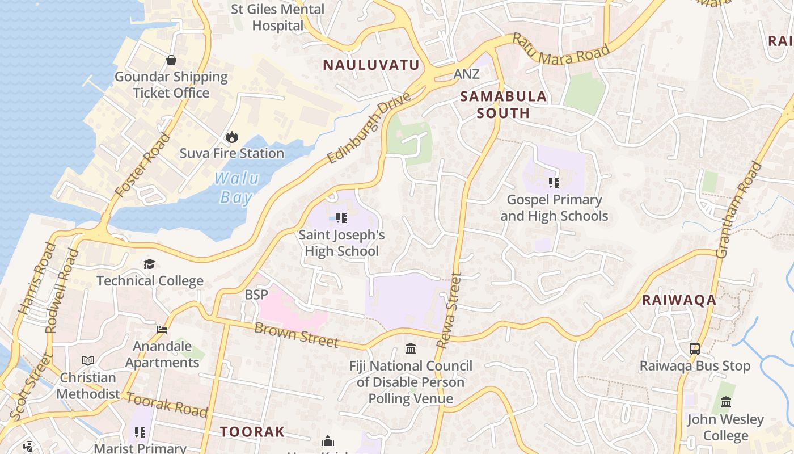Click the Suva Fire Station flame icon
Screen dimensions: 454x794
point(231,137)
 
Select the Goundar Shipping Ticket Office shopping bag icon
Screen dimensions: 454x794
point(171,60)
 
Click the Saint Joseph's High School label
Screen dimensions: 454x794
point(341,243)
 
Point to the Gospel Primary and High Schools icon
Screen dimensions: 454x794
point(554,183)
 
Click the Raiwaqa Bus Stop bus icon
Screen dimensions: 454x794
point(695,349)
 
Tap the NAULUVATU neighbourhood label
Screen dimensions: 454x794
point(371,65)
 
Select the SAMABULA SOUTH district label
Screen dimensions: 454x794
point(503,104)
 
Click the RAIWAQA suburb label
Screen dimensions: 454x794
point(679,301)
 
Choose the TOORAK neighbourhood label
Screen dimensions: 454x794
point(252,432)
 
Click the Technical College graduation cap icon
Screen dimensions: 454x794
point(149,264)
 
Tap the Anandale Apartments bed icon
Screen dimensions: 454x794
point(162,330)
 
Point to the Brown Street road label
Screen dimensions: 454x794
point(296,335)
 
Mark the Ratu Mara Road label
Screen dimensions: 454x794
point(561,49)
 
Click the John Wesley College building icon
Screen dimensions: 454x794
point(725,402)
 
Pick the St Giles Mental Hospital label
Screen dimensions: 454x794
point(278,17)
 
